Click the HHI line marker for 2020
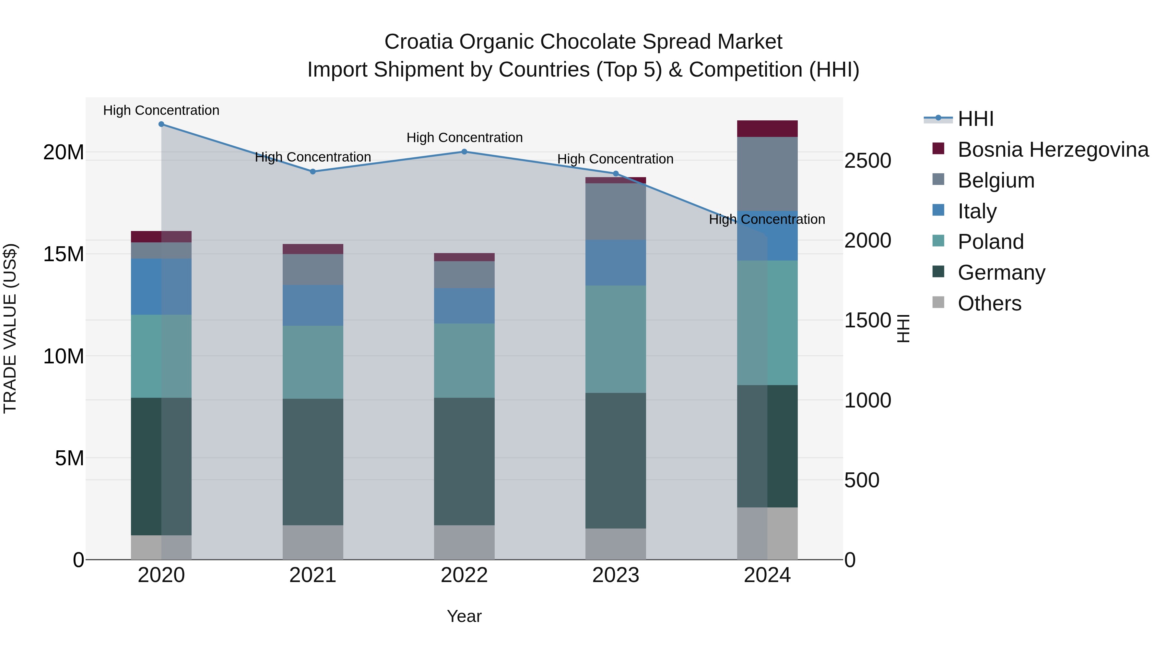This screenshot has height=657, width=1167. click(161, 124)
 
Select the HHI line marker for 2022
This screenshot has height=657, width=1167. click(464, 152)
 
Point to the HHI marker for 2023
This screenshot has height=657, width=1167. click(616, 174)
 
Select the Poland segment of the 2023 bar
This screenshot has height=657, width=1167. click(616, 339)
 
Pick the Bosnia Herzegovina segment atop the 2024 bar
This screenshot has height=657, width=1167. click(767, 129)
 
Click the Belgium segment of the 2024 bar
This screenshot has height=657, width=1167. click(767, 174)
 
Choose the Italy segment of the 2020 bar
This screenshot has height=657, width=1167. click(161, 286)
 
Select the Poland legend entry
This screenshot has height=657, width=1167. click(990, 242)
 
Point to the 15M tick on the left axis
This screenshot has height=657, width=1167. click(64, 254)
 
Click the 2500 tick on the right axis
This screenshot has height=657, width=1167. click(867, 161)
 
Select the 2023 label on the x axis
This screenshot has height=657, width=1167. click(616, 575)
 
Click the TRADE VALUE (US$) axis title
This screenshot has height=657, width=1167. click(10, 328)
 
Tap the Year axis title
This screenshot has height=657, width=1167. click(464, 616)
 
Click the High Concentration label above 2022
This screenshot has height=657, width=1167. click(464, 137)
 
